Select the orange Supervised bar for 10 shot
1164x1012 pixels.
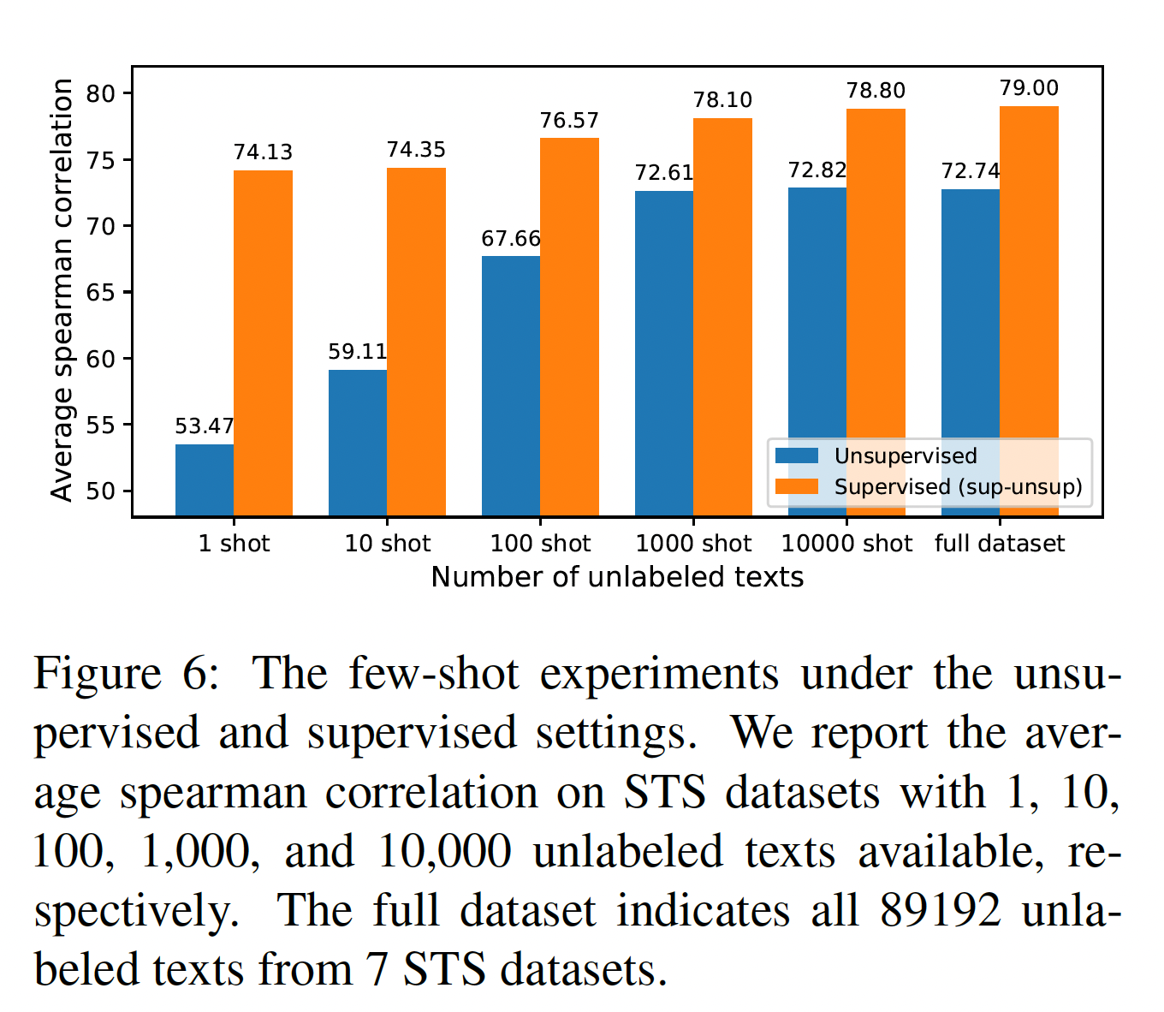point(416,342)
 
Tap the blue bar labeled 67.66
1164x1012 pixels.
point(511,385)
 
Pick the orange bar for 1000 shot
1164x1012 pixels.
point(722,317)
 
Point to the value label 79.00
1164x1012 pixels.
point(1029,88)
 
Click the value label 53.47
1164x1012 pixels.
point(204,426)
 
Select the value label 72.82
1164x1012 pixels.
point(817,170)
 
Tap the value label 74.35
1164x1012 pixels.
point(416,150)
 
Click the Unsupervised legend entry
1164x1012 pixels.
point(905,456)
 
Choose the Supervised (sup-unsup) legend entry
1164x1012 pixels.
point(957,487)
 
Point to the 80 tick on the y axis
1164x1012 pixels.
point(101,93)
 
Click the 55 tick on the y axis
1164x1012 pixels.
point(101,426)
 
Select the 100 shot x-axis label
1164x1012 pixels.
point(540,544)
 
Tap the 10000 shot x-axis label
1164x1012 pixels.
point(846,544)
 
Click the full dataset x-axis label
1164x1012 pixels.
point(1000,544)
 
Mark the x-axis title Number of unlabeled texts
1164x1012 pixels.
point(617,577)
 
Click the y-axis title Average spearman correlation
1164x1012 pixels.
point(62,290)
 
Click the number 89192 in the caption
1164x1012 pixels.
point(940,911)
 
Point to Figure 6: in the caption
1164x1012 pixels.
point(127,674)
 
